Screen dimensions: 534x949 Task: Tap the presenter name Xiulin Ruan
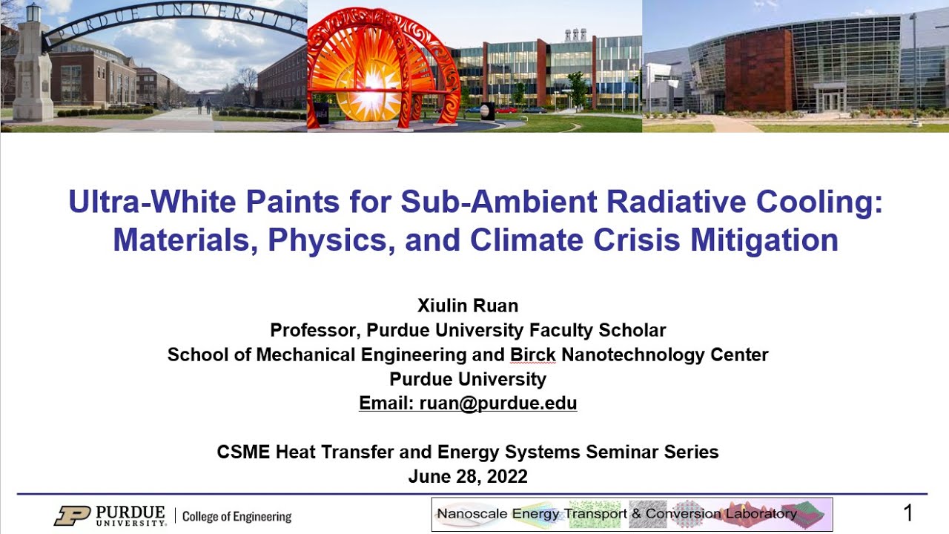pyautogui.click(x=468, y=306)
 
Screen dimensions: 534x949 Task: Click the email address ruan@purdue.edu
pyautogui.click(x=497, y=403)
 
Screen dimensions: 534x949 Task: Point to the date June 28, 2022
pyautogui.click(x=468, y=476)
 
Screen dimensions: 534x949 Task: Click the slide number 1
pyautogui.click(x=908, y=513)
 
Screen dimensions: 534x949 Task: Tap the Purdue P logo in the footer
pyautogui.click(x=71, y=515)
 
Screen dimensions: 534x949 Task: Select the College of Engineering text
pyautogui.click(x=237, y=517)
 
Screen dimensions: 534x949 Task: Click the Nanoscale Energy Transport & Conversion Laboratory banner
pyautogui.click(x=632, y=514)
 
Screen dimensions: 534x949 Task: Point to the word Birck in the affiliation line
pyautogui.click(x=532, y=355)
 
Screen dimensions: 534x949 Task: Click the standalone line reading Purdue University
pyautogui.click(x=468, y=379)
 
